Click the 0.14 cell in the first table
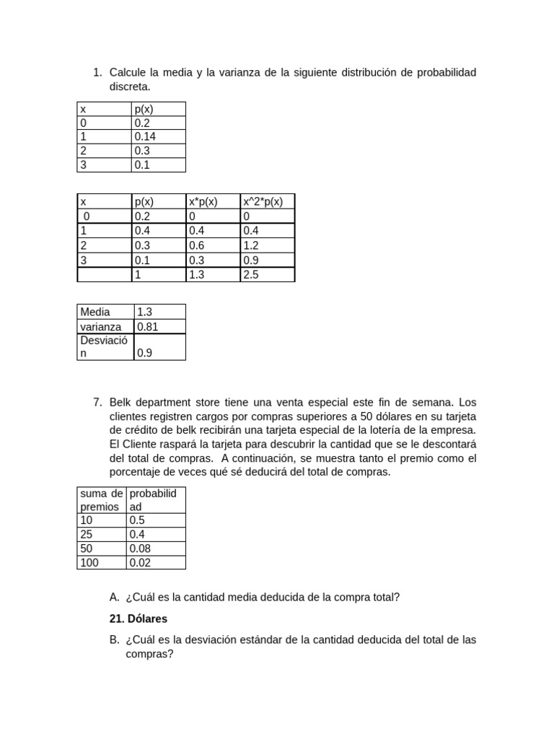click(145, 136)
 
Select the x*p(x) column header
click(203, 201)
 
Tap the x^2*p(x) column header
click(263, 201)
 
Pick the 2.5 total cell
click(251, 275)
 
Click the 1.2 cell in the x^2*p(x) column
click(251, 245)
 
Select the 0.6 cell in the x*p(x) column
click(196, 245)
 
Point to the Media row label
click(95, 312)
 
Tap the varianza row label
click(100, 326)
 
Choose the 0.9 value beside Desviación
click(144, 354)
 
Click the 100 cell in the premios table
click(89, 562)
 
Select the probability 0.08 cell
click(140, 548)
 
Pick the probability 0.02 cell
click(140, 562)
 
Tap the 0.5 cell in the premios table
click(136, 520)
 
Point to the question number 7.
click(97, 402)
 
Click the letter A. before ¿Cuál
click(114, 597)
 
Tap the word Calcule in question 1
click(127, 72)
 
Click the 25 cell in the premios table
click(87, 535)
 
